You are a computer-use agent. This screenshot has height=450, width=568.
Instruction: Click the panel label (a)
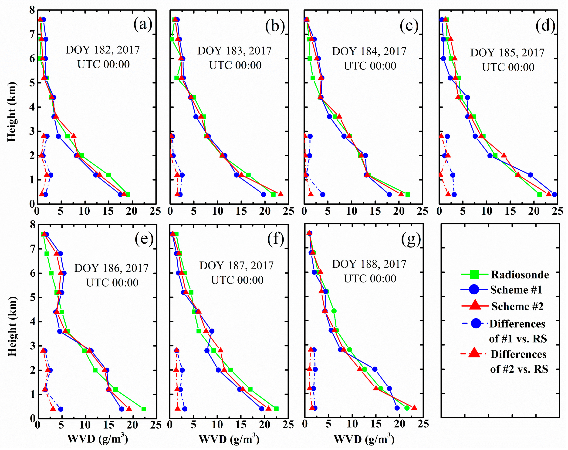coord(143,24)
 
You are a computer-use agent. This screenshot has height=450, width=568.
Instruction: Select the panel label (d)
coord(545,26)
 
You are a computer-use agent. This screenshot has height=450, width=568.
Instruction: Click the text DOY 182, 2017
coord(103,50)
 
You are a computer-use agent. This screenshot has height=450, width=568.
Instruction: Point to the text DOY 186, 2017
coord(112,268)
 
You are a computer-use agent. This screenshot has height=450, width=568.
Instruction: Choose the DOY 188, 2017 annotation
coord(369,264)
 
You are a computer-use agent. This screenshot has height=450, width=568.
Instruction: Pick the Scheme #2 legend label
coord(517,306)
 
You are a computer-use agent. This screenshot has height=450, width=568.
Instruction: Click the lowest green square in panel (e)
coord(144,409)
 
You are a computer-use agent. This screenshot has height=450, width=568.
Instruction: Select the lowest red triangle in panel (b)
coord(281,194)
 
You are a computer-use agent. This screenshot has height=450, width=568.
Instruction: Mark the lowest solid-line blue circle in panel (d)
coord(554,194)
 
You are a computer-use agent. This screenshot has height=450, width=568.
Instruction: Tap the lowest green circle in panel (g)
coord(407,408)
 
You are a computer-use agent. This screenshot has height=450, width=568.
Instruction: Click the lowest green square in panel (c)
coord(408,194)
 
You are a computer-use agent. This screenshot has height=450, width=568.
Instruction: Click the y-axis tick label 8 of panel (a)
coord(32,10)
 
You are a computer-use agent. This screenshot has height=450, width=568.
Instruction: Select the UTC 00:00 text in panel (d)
coord(508,67)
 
